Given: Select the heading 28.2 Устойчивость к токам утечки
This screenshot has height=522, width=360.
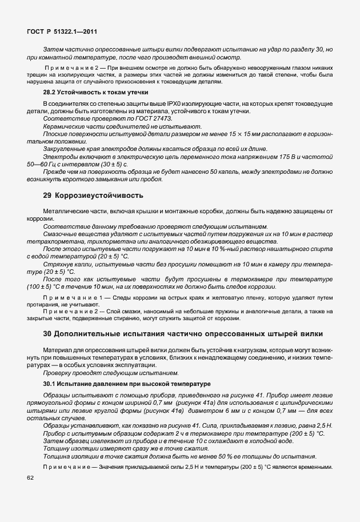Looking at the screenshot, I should click(96, 92).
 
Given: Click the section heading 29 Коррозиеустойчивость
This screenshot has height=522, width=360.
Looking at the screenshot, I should click(94, 196).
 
